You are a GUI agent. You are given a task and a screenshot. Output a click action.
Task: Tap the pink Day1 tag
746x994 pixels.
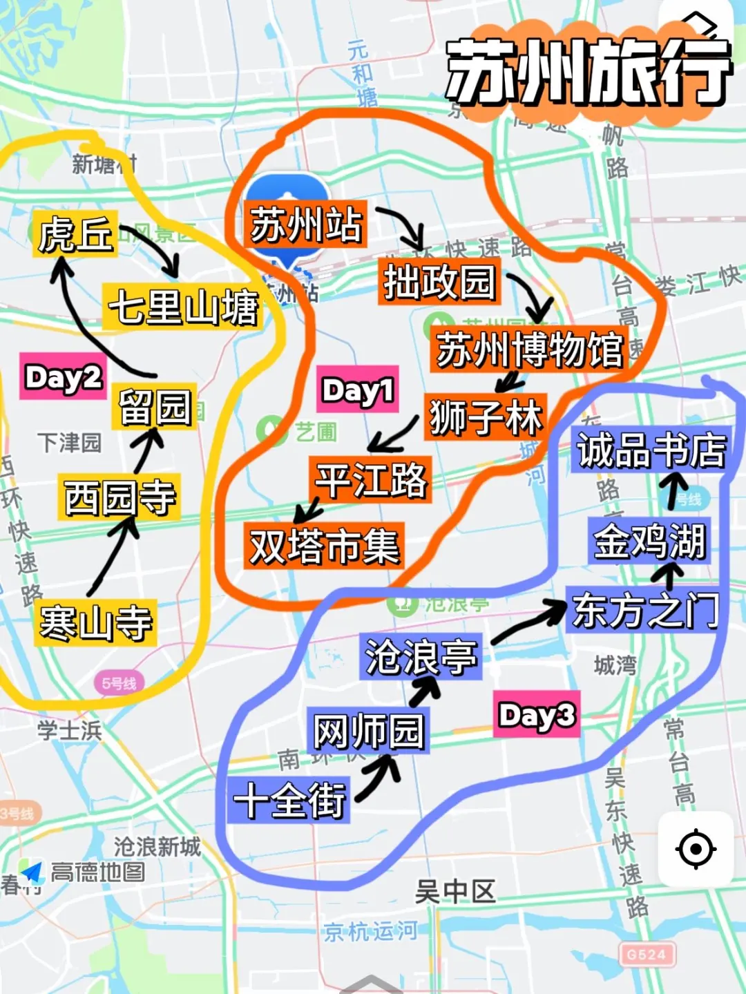[x=358, y=390]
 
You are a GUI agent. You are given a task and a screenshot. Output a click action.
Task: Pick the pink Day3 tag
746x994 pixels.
[x=537, y=715]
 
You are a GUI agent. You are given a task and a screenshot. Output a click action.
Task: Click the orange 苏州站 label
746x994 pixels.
[x=305, y=224]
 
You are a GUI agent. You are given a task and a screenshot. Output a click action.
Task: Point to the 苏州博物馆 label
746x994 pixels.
[x=530, y=349]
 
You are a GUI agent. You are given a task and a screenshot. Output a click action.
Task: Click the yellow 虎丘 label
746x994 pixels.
[x=75, y=234]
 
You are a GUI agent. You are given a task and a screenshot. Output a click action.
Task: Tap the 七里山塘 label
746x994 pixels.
[x=183, y=307]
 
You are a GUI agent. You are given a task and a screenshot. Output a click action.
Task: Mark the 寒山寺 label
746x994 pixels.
[x=96, y=622]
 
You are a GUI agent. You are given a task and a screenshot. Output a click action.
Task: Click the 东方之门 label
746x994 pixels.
[x=645, y=611]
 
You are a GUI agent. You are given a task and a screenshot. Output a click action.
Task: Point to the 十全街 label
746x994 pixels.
[x=290, y=800]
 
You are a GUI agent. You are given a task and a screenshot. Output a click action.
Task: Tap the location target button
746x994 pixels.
[x=696, y=849]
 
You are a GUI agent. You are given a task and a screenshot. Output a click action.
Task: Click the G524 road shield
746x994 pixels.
[x=647, y=955]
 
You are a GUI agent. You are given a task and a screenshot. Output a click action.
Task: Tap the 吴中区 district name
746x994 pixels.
[x=455, y=892]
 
